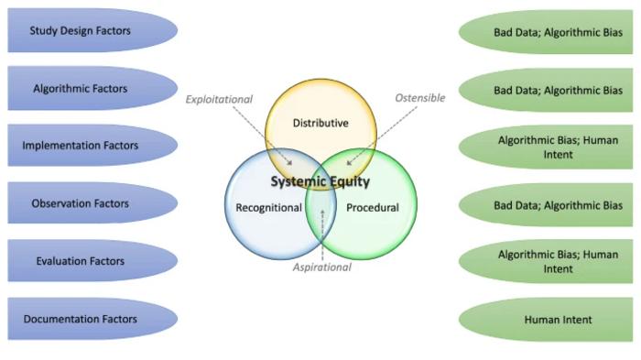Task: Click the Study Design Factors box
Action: pyautogui.click(x=81, y=31)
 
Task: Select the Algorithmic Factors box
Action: pyautogui.click(x=81, y=89)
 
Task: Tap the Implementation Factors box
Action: pyautogui.click(x=81, y=146)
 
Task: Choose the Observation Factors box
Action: pyautogui.click(x=81, y=203)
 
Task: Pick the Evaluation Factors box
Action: pyautogui.click(x=81, y=261)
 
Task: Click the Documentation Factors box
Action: pyautogui.click(x=81, y=319)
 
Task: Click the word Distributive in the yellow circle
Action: pyautogui.click(x=320, y=123)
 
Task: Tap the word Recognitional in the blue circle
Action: pyautogui.click(x=268, y=208)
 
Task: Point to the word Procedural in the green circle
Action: pyautogui.click(x=373, y=208)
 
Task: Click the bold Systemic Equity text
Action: pyautogui.click(x=320, y=181)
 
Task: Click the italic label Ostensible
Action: pyautogui.click(x=419, y=98)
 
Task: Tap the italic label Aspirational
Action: pyautogui.click(x=321, y=267)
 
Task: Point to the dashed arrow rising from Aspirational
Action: pyautogui.click(x=322, y=234)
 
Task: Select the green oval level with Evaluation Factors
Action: pyautogui.click(x=558, y=262)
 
